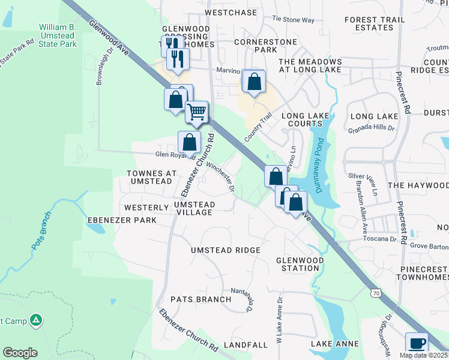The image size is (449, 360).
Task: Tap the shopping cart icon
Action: pyautogui.click(x=196, y=112)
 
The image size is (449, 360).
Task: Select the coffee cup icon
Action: pyautogui.click(x=417, y=344)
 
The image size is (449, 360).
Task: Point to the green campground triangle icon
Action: pyautogui.click(x=36, y=321)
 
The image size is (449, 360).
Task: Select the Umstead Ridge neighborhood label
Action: pyautogui.click(x=226, y=250)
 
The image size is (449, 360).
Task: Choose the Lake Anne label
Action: pyautogui.click(x=335, y=344)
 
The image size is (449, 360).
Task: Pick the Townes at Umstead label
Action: pyautogui.click(x=151, y=178)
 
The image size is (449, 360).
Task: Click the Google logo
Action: pyautogui.click(x=20, y=352)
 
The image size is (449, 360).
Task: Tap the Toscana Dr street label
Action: pyautogui.click(x=379, y=238)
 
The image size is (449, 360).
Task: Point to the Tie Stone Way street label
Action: pyautogui.click(x=294, y=20)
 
